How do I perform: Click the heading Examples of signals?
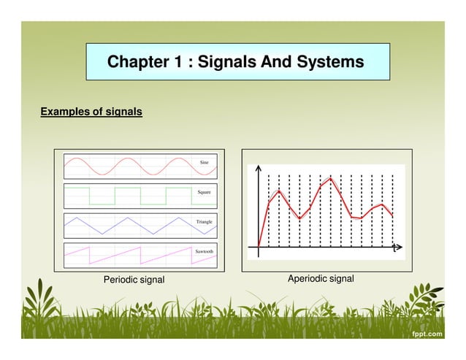91,112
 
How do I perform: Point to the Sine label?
205,161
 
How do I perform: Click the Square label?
205,192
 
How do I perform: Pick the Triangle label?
204,221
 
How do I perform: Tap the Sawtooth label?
204,251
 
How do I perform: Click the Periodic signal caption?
134,280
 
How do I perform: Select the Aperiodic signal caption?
321,279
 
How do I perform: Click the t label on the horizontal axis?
395,248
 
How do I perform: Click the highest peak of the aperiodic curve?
331,178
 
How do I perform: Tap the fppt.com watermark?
426,334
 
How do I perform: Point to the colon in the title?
191,63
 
